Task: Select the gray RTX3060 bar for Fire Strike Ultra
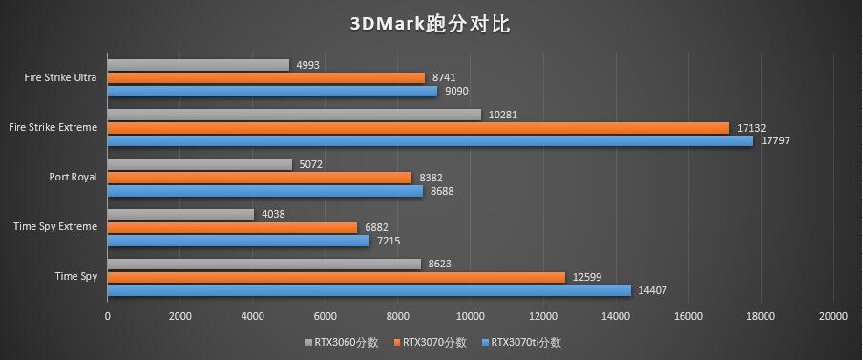click(198, 65)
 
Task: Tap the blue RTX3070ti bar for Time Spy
click(368, 290)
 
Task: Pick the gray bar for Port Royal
click(200, 164)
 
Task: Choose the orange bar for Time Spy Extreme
click(232, 227)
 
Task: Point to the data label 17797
click(774, 141)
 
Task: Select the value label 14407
click(651, 290)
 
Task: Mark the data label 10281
click(502, 116)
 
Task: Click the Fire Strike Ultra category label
click(61, 77)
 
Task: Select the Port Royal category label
click(73, 177)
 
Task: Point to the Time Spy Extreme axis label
click(55, 227)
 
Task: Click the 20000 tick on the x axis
click(833, 315)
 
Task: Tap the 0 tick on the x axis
click(107, 315)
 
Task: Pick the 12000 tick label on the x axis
click(542, 315)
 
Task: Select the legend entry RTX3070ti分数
click(526, 342)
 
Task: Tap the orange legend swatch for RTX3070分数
click(396, 342)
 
